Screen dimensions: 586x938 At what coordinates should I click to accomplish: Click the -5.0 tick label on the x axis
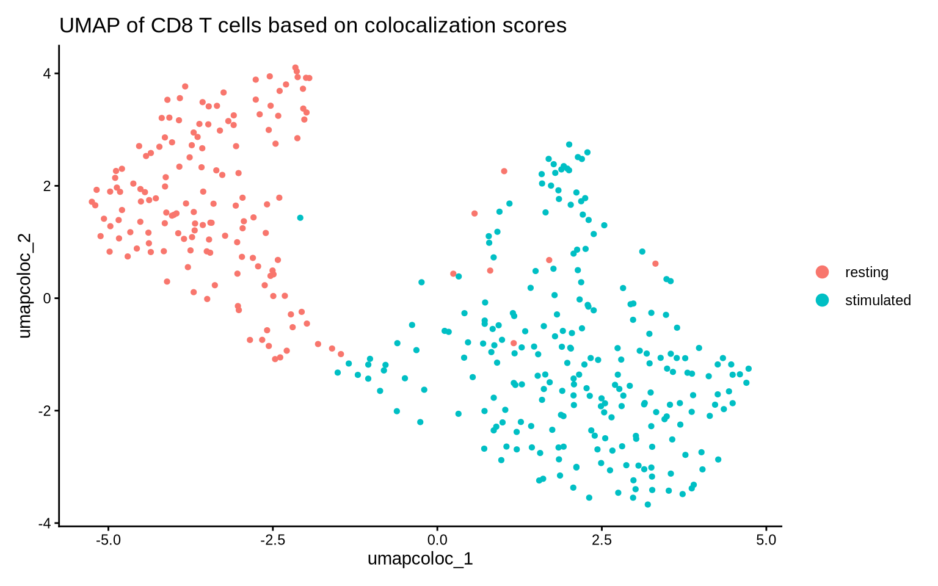tap(107, 541)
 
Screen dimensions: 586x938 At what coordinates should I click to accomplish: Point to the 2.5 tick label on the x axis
tap(602, 541)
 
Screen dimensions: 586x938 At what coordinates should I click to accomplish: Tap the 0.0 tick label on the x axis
tap(437, 541)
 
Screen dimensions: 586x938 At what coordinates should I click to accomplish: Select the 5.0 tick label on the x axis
tap(766, 541)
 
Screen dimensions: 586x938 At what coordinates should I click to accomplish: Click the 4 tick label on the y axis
tap(47, 73)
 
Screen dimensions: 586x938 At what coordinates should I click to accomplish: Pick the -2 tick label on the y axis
tap(45, 411)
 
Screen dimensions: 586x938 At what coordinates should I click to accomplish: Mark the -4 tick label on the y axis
tap(45, 523)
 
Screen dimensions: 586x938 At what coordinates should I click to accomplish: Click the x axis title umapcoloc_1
tap(420, 559)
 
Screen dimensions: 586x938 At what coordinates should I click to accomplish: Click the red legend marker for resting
tap(823, 272)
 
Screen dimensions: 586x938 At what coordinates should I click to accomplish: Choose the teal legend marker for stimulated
tap(823, 300)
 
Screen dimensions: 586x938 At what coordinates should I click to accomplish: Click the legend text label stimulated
tap(878, 300)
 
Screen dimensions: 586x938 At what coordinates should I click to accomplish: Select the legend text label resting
tap(867, 272)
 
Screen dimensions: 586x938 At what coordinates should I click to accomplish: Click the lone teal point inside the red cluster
tap(300, 217)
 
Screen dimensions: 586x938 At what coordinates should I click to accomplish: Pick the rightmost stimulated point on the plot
tap(748, 369)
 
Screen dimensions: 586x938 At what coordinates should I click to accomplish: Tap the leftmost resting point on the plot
tap(92, 201)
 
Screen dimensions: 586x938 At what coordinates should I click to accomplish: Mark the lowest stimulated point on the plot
tap(647, 504)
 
